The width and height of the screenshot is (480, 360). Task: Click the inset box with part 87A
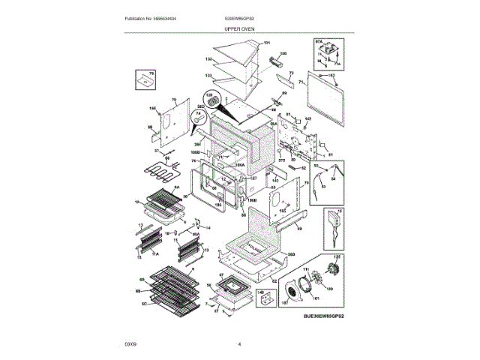326,56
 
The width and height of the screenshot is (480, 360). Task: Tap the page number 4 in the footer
239,344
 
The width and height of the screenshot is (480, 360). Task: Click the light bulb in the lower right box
331,223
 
